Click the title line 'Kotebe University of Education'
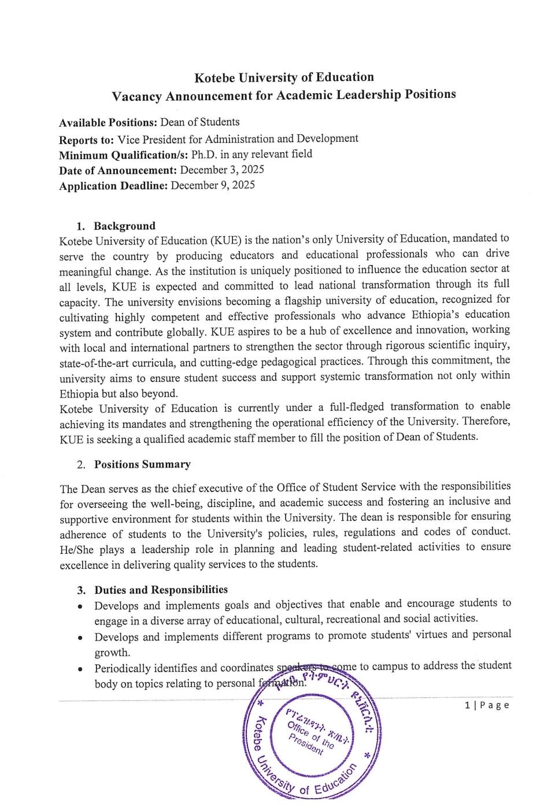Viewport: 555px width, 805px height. click(284, 78)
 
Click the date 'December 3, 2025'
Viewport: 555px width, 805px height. click(222, 170)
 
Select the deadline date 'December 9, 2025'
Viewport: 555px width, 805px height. click(213, 185)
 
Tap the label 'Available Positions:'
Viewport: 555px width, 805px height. click(108, 123)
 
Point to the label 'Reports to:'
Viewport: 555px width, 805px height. click(86, 140)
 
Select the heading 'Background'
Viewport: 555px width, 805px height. click(124, 226)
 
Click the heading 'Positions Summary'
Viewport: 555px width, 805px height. click(142, 464)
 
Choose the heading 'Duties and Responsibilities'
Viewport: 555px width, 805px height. click(161, 590)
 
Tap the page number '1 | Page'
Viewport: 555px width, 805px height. click(487, 705)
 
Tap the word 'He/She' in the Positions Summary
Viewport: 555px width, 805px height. click(75, 549)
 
